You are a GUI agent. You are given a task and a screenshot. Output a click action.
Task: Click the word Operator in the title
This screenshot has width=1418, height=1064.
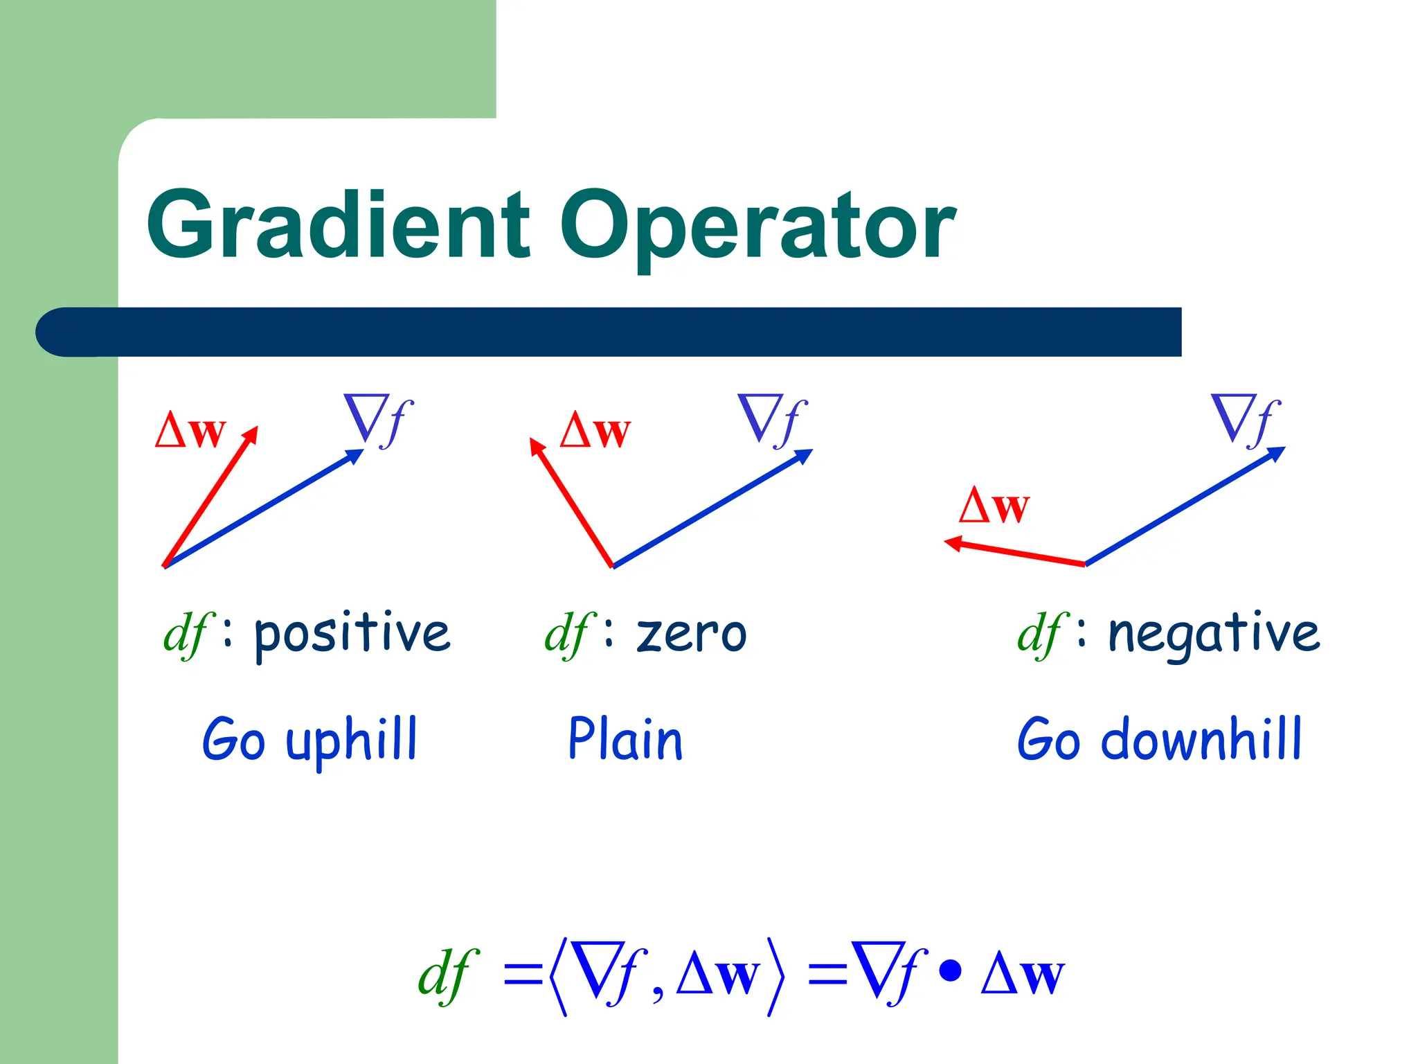[757, 229]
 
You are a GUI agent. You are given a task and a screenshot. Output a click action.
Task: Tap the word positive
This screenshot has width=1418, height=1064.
[352, 634]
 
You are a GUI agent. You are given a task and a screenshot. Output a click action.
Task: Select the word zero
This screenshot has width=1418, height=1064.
[691, 634]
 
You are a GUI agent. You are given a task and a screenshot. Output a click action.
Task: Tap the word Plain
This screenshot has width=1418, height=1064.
[625, 739]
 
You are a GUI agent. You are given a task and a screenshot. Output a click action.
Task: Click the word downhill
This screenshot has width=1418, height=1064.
[1201, 740]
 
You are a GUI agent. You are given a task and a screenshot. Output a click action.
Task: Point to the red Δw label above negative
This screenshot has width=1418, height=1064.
[994, 506]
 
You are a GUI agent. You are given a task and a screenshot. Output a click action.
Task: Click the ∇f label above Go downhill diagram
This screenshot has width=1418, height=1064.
[1246, 420]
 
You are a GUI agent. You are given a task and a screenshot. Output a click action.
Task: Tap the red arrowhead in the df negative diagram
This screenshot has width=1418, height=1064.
[953, 543]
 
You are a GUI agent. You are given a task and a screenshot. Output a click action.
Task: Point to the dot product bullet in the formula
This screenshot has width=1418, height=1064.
[950, 970]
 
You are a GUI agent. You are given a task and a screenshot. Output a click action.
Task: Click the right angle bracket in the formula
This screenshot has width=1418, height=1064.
[776, 976]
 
